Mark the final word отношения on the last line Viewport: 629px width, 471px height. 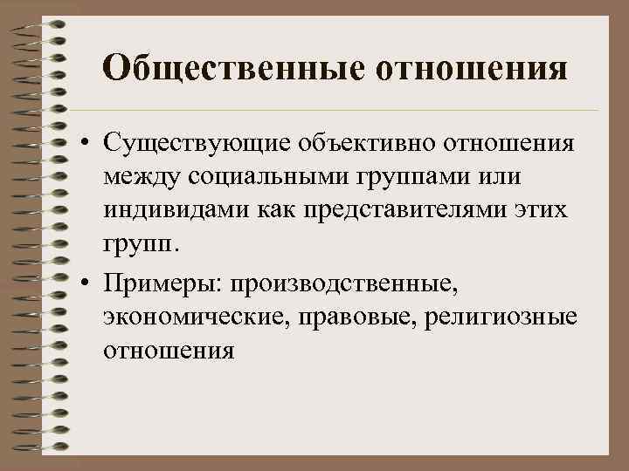pyautogui.click(x=168, y=352)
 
